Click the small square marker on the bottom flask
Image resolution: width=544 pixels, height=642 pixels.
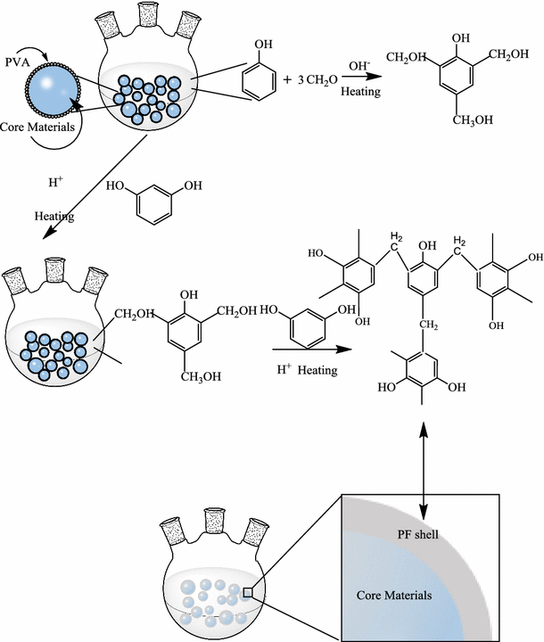(249, 591)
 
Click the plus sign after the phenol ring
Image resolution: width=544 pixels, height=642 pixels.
(288, 79)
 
